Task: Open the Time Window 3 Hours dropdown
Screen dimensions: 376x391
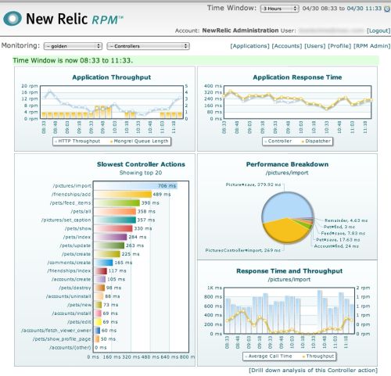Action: pyautogui.click(x=280, y=8)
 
